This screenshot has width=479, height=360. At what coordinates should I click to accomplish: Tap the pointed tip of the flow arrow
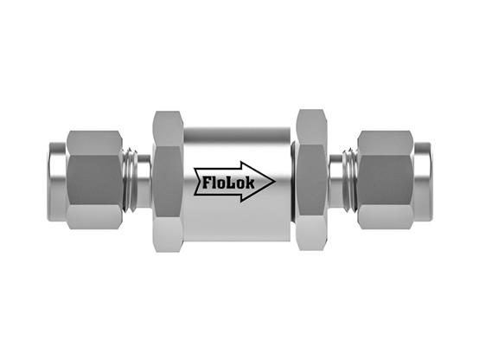tap(274, 182)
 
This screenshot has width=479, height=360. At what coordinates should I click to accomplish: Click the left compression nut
tap(93, 180)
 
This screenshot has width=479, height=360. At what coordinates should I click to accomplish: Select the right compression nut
tap(385, 180)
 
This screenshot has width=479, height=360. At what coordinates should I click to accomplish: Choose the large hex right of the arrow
tap(310, 180)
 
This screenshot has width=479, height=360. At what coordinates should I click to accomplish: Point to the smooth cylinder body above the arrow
tap(236, 138)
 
